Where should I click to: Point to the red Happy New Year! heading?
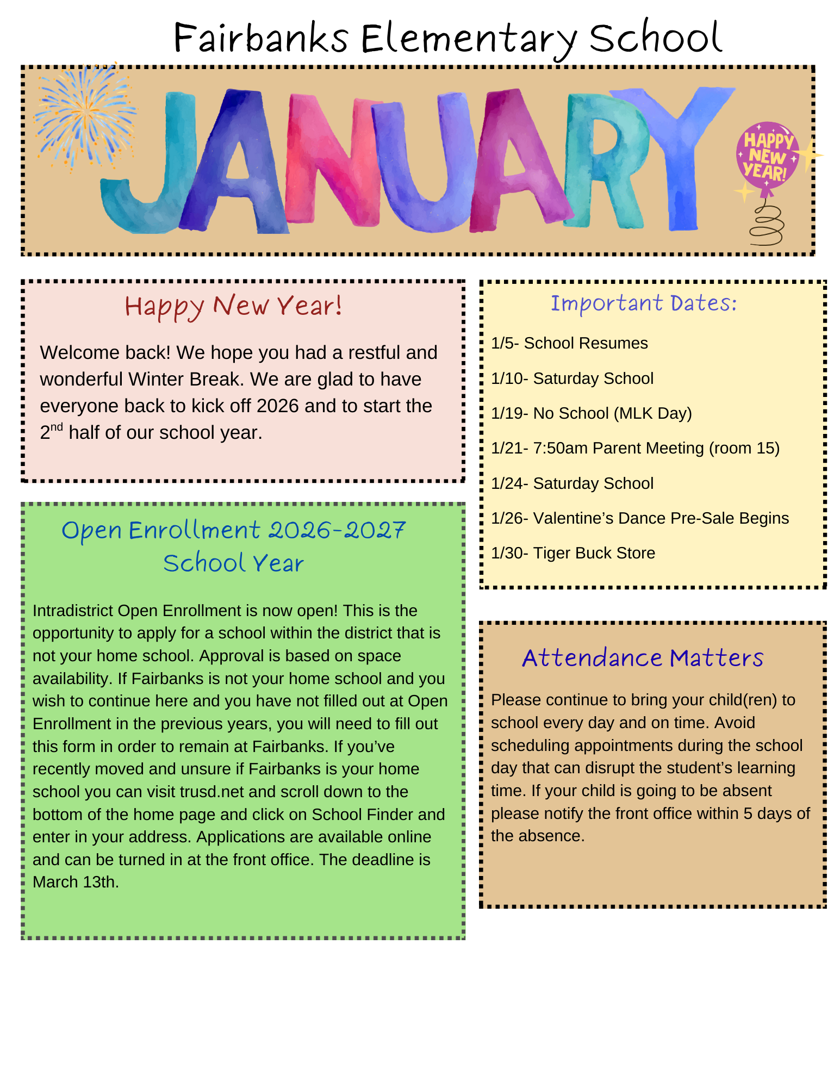point(233,306)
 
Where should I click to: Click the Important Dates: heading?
point(643,303)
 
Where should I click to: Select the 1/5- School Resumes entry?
point(569,343)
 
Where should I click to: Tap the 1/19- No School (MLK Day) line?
point(591,413)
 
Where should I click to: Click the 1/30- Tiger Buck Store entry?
point(573,553)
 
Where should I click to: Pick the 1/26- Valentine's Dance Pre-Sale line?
point(639,518)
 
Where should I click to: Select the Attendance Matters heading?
point(643,658)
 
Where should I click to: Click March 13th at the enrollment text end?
point(75,882)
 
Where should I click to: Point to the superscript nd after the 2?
point(57,427)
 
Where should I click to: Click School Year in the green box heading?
point(233,563)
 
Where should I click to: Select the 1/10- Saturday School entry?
point(572,378)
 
